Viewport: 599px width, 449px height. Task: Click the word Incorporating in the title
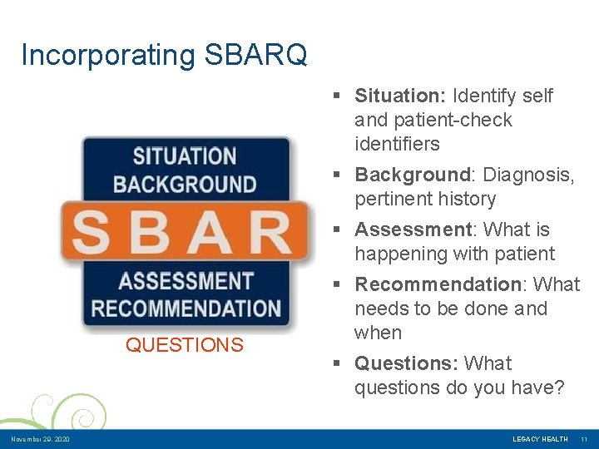106,56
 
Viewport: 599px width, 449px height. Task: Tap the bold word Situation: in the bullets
400,96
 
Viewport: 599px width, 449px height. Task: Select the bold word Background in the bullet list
413,175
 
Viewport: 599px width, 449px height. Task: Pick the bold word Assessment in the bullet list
413,229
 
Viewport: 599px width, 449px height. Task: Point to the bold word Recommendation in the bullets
438,284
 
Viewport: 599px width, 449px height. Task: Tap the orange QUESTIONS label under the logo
185,345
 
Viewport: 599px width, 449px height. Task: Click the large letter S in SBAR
91,234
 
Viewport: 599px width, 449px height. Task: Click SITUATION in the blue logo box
185,156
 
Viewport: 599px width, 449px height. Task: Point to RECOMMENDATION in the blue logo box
186,308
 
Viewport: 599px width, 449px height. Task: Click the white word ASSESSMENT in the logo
186,282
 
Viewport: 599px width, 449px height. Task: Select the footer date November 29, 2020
40,439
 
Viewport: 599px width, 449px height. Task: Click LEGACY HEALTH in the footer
540,439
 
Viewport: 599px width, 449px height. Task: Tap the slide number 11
584,439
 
